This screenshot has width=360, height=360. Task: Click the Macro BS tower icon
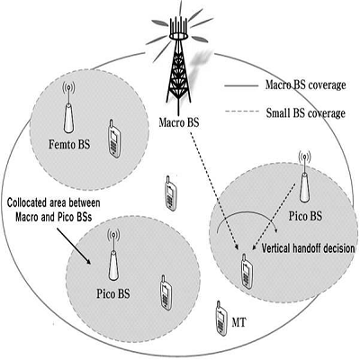179,60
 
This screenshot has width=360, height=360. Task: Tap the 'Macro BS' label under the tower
179,122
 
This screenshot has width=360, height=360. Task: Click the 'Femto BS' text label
69,145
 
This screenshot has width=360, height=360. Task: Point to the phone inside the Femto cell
114,139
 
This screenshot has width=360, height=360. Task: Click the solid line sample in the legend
241,86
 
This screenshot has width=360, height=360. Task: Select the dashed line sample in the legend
242,112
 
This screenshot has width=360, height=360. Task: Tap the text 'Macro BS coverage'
306,85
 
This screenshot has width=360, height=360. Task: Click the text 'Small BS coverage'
306,113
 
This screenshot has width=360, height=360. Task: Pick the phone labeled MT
221,318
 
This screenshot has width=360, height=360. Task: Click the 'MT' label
238,323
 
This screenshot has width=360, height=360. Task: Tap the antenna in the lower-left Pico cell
113,254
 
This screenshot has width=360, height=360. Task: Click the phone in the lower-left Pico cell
166,292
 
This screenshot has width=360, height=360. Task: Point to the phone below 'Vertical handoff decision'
247,272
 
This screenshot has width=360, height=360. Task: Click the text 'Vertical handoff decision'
309,248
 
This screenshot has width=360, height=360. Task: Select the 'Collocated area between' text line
54,202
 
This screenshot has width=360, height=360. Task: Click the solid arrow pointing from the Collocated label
74,246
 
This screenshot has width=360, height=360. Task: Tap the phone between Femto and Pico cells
170,193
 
